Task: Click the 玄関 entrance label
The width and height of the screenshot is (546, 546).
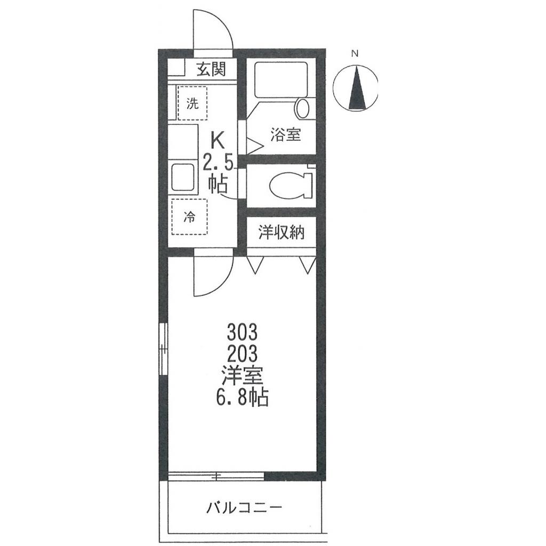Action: point(211,69)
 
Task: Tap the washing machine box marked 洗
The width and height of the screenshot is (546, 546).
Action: point(191,103)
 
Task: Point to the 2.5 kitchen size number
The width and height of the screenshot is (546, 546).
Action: point(218,162)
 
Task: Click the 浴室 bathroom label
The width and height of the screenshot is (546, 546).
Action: point(285,135)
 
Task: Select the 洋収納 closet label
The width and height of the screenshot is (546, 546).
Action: point(282,232)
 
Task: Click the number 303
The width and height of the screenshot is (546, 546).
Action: point(242,333)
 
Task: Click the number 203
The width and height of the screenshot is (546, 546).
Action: point(242,353)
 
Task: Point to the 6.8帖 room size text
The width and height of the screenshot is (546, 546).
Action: point(242,397)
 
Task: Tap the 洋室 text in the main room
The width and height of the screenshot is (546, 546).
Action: point(242,375)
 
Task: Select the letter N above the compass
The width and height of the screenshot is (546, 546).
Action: point(355,53)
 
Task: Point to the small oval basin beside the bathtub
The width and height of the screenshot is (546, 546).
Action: point(302,108)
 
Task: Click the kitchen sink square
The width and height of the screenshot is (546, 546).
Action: point(184,178)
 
